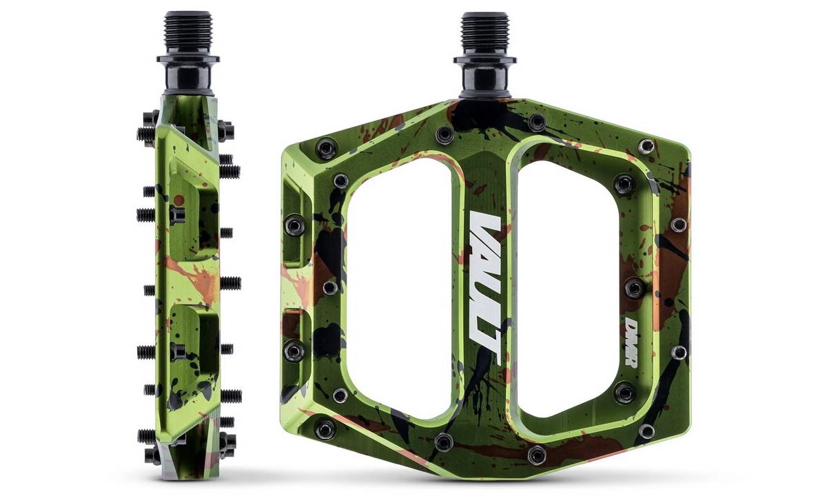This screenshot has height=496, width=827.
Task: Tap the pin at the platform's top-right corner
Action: (x=646, y=146)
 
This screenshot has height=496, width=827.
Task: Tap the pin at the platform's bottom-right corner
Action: (x=646, y=431)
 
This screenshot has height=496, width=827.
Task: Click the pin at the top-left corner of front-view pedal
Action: (x=327, y=147)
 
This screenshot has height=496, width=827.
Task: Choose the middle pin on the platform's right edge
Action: (x=635, y=287)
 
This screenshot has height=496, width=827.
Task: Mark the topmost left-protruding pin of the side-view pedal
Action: (x=146, y=130)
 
